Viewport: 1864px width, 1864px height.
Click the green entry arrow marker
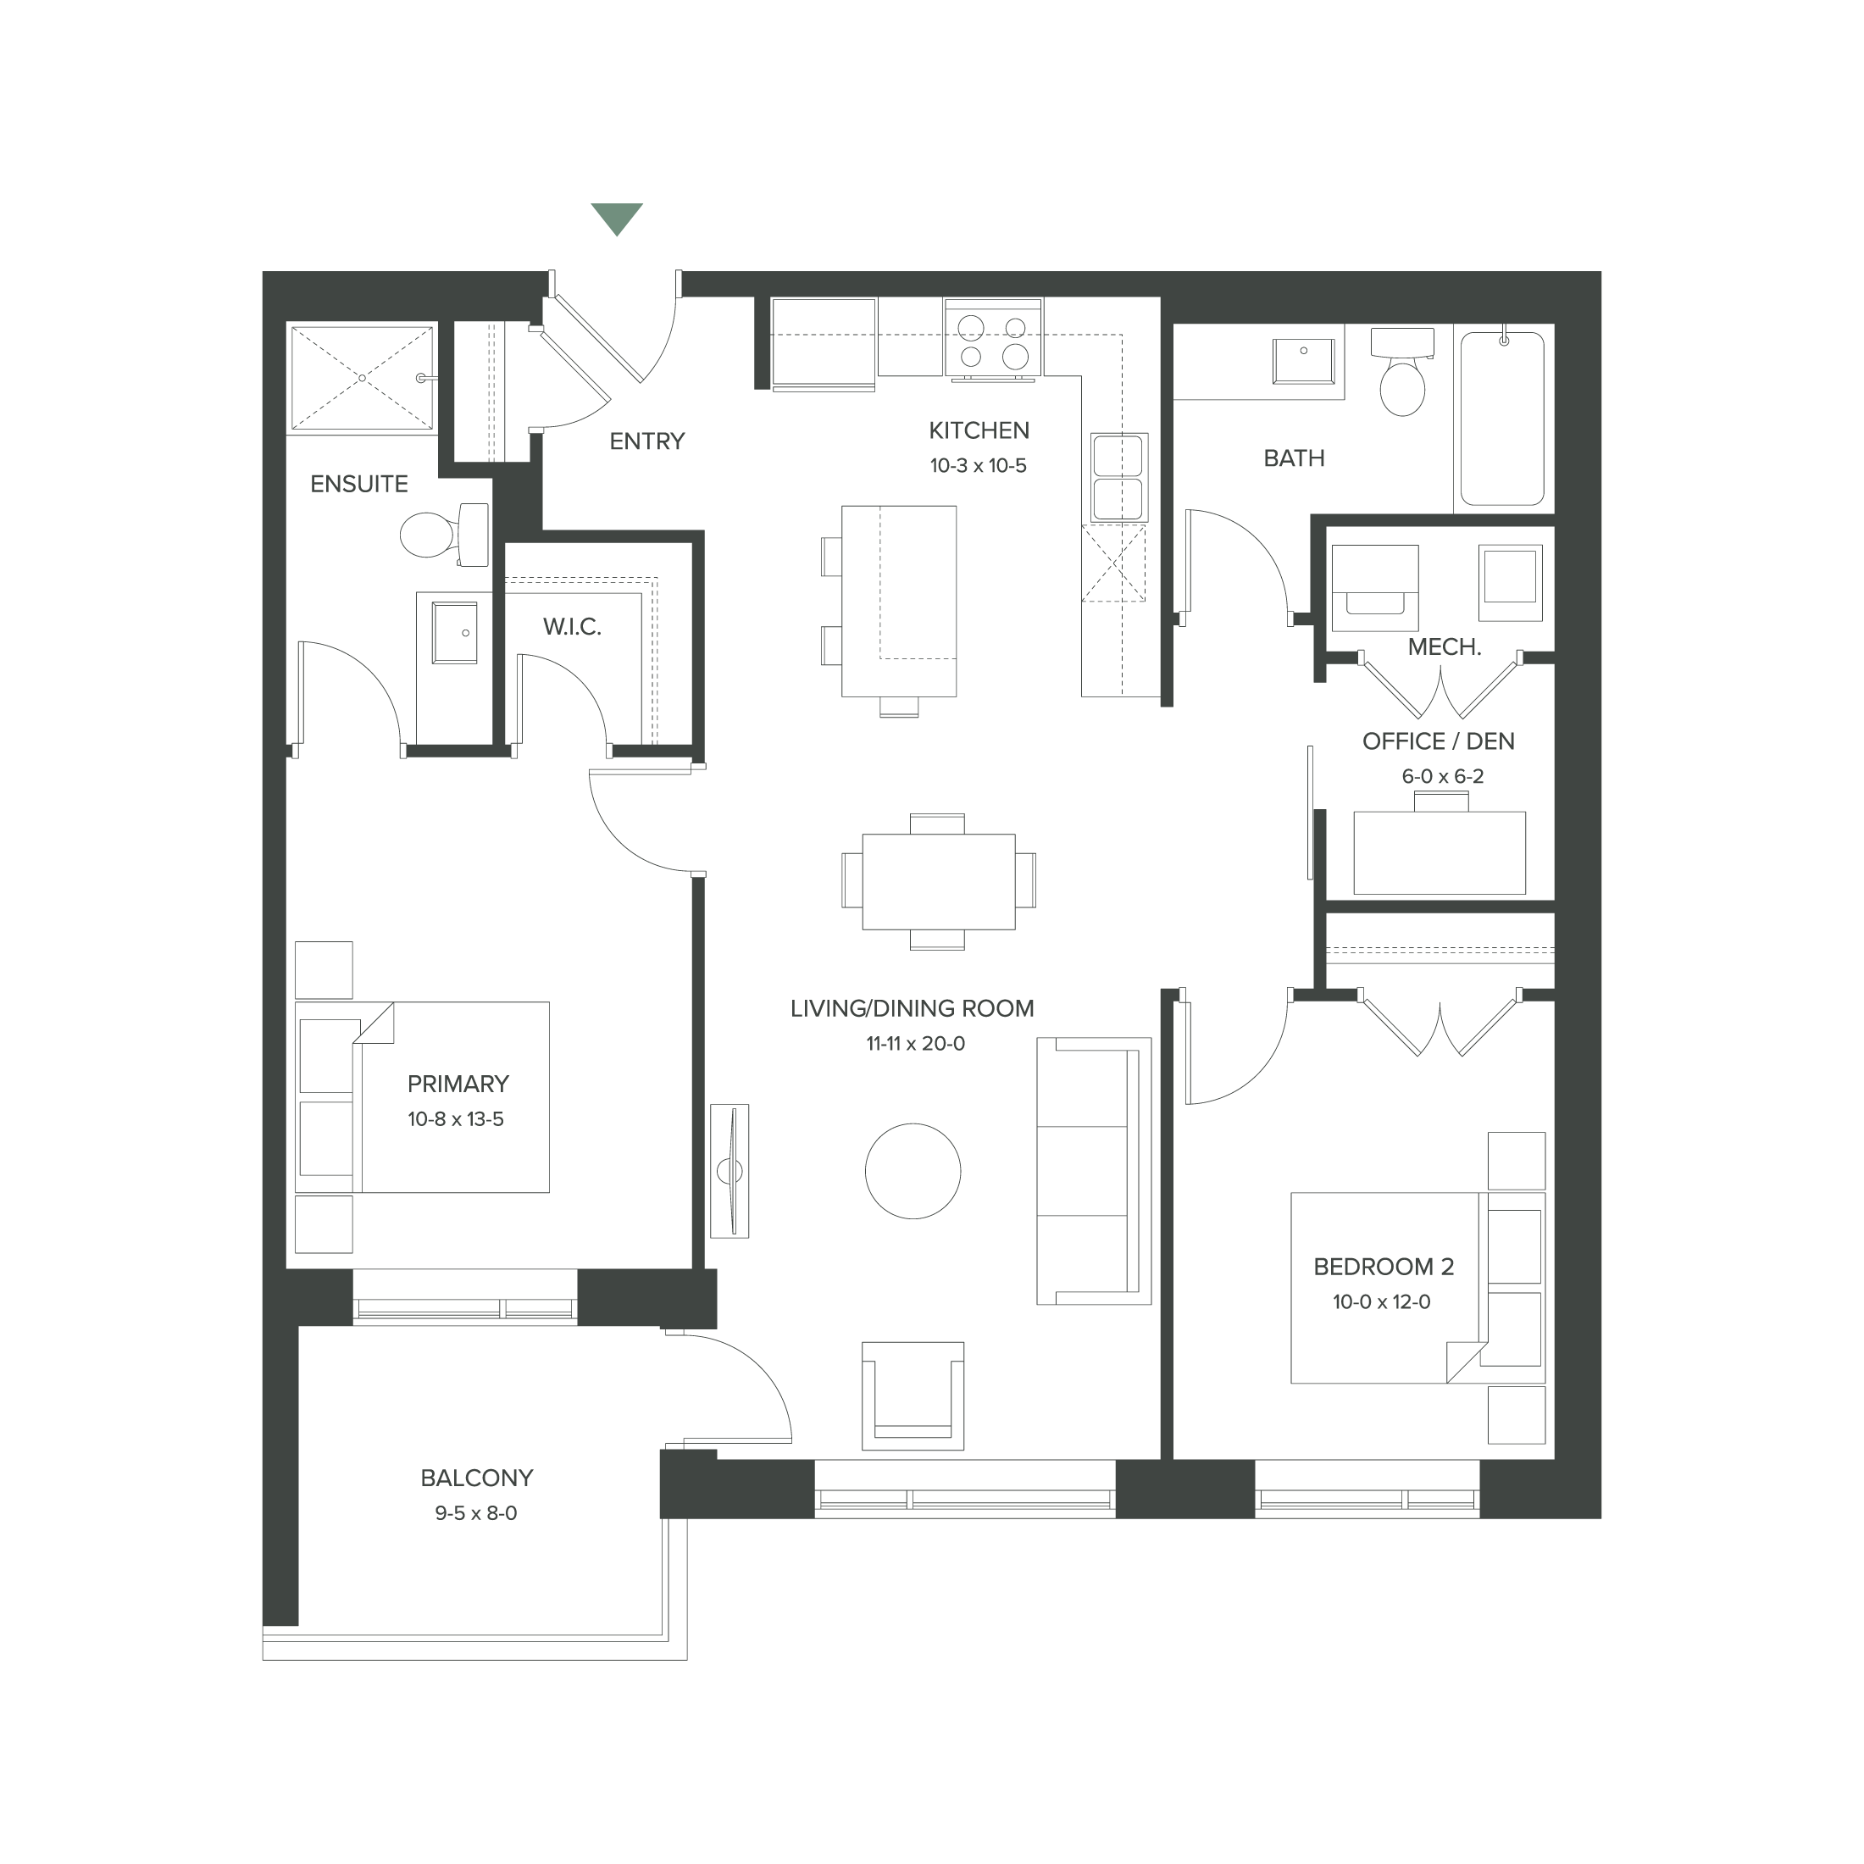617,218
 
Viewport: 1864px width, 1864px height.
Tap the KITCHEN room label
979,430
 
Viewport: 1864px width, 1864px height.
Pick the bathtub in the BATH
1501,417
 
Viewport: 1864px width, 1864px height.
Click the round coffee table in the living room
913,1171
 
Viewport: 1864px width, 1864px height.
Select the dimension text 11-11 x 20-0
915,1044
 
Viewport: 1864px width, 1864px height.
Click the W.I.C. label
572,627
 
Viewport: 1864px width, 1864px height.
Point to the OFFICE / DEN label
1438,741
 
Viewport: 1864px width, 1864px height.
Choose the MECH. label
1444,647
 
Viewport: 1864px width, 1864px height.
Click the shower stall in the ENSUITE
362,378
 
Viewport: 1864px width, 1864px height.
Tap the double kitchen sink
1118,477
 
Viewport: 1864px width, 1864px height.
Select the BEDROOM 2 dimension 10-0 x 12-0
1382,1301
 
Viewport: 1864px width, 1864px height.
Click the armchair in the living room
913,1395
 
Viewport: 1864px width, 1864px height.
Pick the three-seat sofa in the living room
1094,1171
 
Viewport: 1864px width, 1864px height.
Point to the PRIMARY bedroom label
458,1084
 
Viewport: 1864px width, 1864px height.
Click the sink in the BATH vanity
1303,361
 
